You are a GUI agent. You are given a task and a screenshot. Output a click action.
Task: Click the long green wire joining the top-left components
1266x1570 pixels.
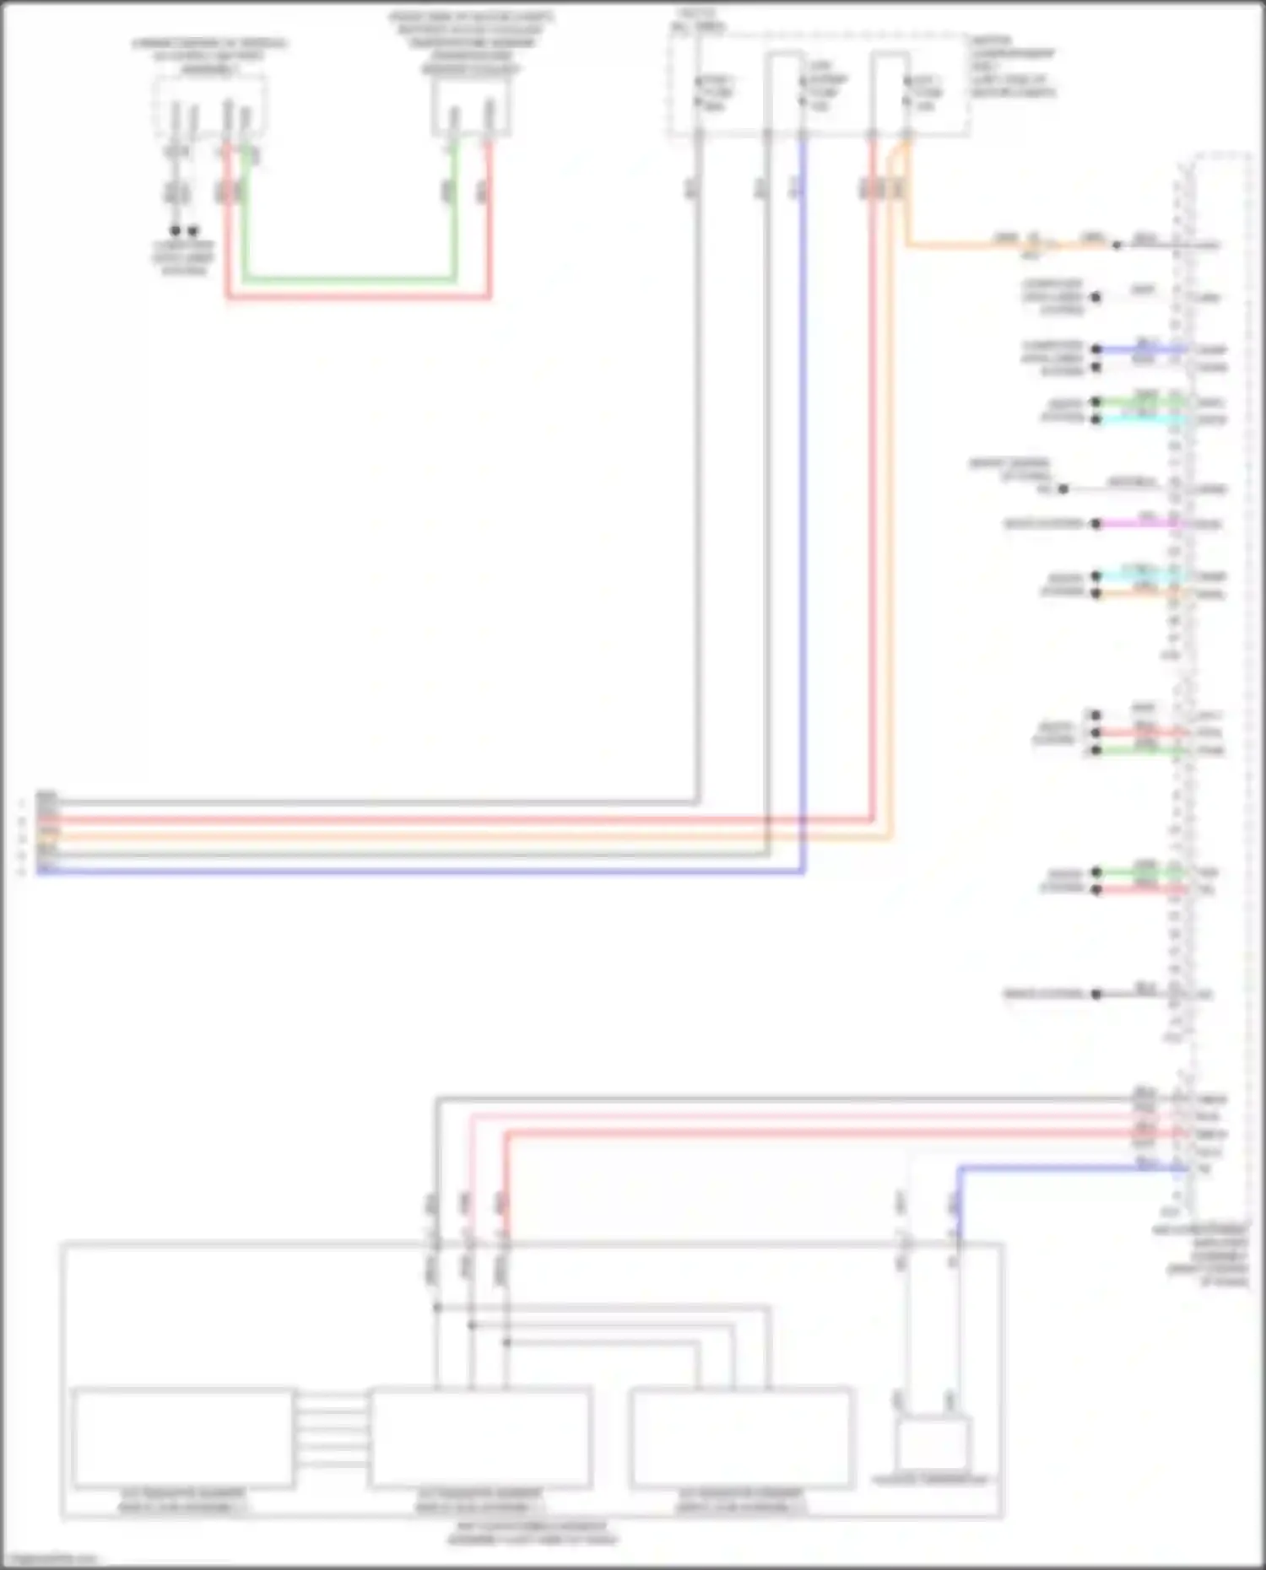(350, 279)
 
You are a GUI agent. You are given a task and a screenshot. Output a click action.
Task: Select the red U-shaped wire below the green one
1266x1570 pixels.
(359, 297)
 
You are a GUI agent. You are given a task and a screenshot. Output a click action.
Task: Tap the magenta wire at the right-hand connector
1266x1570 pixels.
(1139, 524)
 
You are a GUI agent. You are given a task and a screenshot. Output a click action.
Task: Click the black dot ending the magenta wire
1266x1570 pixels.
(1096, 524)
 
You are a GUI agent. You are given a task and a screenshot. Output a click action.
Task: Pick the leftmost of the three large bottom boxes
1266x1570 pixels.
(183, 1438)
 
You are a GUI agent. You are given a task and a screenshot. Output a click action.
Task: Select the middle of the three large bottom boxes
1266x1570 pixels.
(480, 1438)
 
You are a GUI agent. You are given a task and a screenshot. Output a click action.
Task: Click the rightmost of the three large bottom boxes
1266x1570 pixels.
(741, 1438)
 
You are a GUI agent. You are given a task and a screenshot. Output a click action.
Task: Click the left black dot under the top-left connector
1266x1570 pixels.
(176, 230)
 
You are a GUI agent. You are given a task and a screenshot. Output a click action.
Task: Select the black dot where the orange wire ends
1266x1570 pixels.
(1117, 245)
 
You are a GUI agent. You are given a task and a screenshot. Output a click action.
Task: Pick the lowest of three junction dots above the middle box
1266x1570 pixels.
(506, 1341)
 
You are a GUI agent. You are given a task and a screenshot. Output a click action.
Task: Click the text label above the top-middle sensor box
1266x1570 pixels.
(471, 42)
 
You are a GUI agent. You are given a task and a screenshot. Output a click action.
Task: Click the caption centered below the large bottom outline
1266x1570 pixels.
(532, 1533)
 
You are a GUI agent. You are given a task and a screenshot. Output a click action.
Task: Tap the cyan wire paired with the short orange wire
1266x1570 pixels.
(1139, 576)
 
